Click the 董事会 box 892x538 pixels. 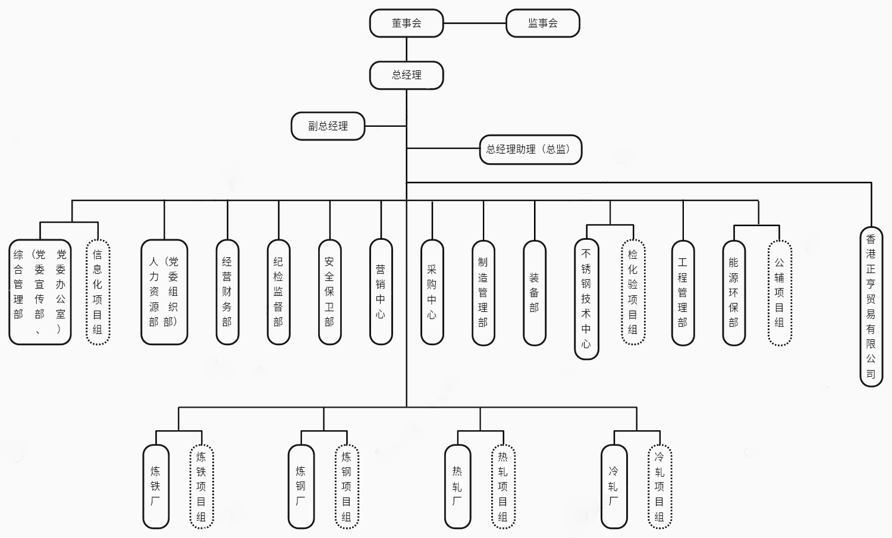pos(407,23)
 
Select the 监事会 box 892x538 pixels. pos(542,23)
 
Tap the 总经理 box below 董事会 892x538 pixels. pos(407,75)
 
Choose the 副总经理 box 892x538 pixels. pos(328,126)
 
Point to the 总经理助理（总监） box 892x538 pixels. pos(530,149)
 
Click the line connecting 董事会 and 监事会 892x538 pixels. pos(475,23)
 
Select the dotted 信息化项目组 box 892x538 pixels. pos(98,292)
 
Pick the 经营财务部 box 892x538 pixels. pos(227,292)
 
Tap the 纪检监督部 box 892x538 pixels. pos(278,292)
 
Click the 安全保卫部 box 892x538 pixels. pos(329,292)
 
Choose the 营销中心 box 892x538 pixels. pos(381,292)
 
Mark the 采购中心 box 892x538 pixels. pos(432,292)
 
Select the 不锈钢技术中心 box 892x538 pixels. pos(586,299)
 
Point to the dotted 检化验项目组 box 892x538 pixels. pos(633,292)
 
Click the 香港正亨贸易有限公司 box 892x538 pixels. pos(871,306)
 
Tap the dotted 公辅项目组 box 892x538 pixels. pos(780,292)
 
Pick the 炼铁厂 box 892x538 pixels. pos(156,486)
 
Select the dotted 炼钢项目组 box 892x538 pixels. pos(347,486)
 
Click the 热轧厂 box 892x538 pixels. pos(457,486)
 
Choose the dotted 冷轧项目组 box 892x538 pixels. pos(659,486)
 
